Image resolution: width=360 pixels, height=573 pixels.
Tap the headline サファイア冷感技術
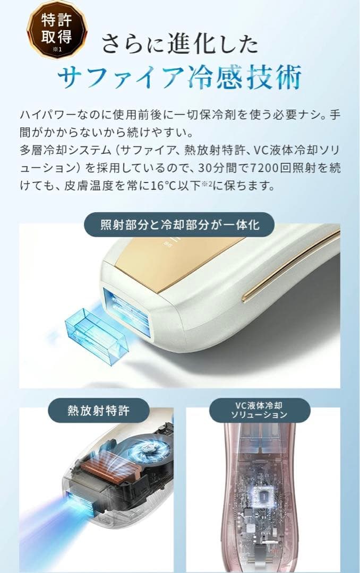coord(179,77)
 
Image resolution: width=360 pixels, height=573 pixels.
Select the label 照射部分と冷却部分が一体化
coord(179,225)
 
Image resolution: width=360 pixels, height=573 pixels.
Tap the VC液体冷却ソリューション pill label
coord(260,410)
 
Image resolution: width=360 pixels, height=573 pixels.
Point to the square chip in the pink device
coord(263,496)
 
